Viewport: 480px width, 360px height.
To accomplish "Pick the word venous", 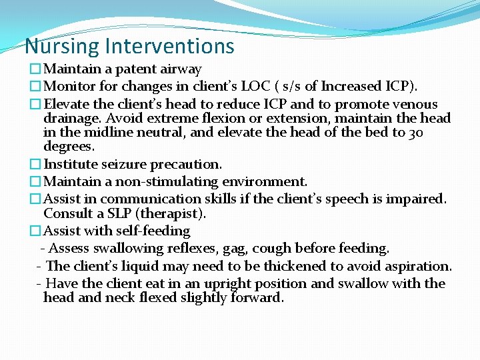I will coord(415,105).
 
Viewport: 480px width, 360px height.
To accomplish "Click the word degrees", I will coord(69,146).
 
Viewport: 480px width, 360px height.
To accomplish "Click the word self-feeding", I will coord(157,231).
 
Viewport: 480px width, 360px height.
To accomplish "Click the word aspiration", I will coord(417,266).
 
